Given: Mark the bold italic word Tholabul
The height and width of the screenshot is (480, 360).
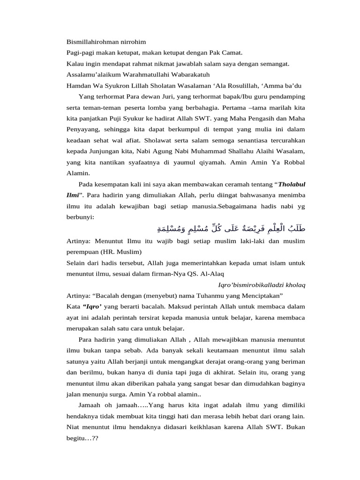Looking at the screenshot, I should (x=291, y=183).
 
